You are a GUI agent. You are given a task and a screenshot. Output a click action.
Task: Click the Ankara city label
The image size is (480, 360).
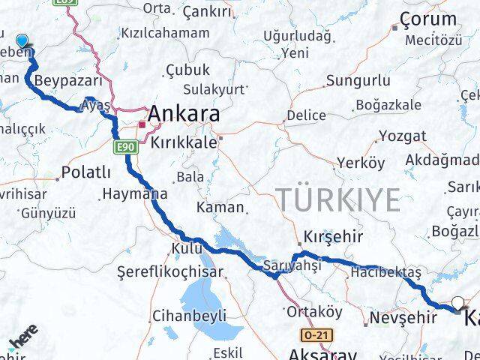pos(184,114)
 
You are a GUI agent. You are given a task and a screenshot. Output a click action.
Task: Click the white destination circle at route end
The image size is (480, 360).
pos(457,304)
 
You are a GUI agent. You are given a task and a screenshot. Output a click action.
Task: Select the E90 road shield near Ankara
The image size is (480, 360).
pos(125,147)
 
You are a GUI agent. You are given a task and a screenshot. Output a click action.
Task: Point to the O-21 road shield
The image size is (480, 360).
pos(316,334)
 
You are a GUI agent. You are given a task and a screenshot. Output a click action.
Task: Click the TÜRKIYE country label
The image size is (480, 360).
pos(339,200)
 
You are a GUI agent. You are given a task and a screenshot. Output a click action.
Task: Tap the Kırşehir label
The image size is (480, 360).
pos(332,237)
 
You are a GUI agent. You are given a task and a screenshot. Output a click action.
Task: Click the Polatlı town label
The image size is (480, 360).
pos(85,172)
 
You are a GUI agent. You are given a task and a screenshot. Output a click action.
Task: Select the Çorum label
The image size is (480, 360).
pos(428,19)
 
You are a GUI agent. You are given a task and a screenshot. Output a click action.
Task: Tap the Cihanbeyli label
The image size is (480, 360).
pos(188,316)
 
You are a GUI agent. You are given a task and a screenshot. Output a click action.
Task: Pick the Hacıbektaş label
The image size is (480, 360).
pos(385,271)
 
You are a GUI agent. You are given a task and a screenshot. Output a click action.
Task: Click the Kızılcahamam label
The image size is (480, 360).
pos(165,33)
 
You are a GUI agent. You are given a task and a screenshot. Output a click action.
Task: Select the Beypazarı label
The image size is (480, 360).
pos(62,79)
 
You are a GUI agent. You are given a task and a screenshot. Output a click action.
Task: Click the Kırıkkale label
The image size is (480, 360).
pos(183,142)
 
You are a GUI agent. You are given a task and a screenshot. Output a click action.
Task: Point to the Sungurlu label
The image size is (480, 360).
pos(358,79)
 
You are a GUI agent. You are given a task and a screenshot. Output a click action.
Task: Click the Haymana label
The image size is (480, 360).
pos(134,193)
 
